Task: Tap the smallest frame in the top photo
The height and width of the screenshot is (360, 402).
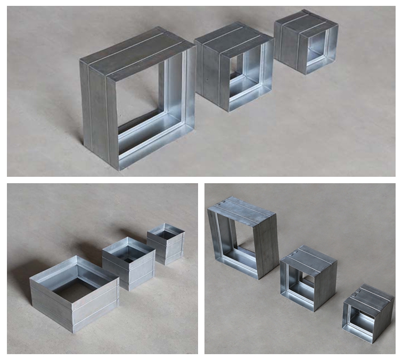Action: pyautogui.click(x=306, y=43)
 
